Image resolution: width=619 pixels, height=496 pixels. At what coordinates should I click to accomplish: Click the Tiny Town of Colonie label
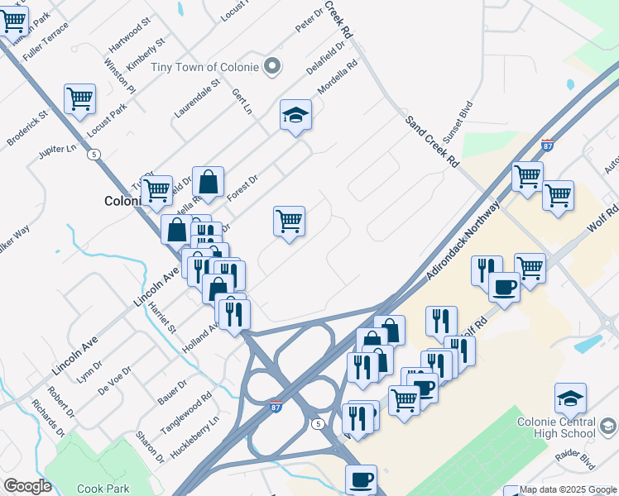(205, 67)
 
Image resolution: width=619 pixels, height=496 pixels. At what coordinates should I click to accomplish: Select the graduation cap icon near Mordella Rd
(295, 115)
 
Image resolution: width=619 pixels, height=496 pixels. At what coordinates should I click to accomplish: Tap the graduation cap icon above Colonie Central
(570, 398)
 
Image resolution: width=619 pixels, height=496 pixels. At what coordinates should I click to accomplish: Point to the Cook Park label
(103, 489)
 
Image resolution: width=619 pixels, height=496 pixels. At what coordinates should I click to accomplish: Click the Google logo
(27, 486)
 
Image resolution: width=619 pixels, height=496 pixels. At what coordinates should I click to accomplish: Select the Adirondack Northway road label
(464, 241)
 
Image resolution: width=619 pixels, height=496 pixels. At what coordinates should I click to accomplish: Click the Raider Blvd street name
(575, 461)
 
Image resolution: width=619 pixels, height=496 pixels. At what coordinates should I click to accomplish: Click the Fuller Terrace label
(46, 41)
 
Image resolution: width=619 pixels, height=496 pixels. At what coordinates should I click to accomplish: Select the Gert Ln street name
(241, 102)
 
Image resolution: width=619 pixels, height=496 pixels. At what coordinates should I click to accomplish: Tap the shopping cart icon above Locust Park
(79, 99)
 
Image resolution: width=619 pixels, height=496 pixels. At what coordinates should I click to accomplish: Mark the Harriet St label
(162, 317)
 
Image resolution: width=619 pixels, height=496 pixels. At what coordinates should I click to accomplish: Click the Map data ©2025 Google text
(567, 489)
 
